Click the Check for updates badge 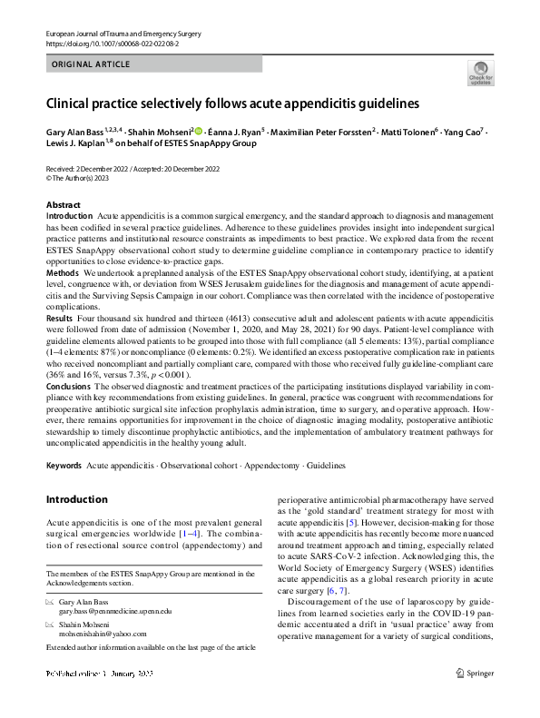[479, 73]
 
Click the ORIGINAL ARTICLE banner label [91, 64]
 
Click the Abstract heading [63, 206]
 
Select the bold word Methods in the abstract [63, 273]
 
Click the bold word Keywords [66, 466]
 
